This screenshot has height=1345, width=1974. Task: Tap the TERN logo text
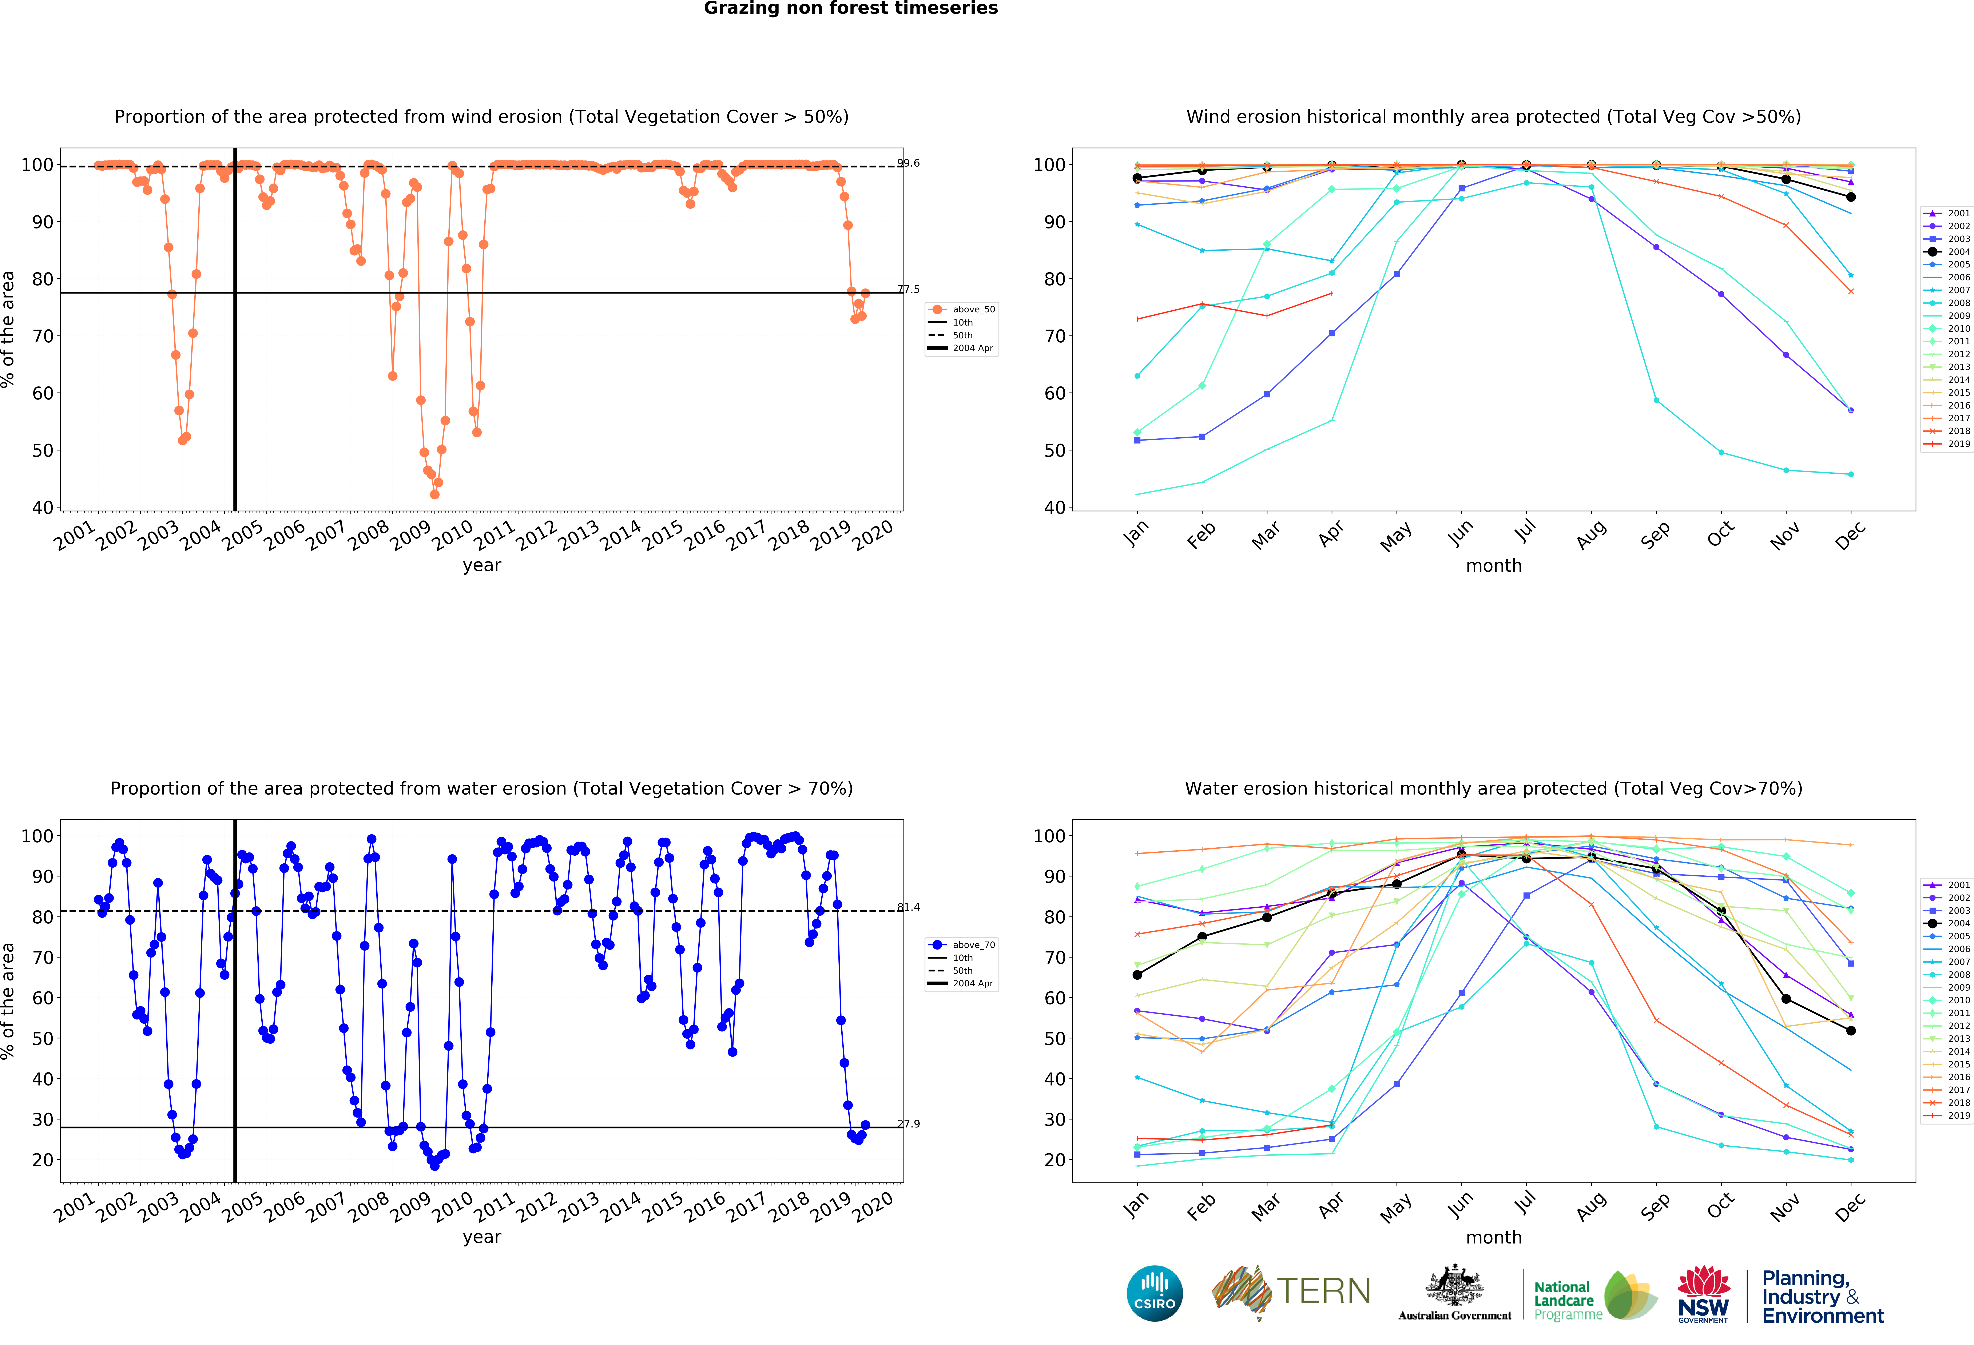coord(1323,1292)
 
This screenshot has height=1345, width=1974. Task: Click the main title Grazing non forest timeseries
coord(850,8)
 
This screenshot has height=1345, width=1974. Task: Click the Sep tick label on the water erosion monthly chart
coord(1655,1206)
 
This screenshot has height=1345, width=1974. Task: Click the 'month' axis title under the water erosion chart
coord(1493,1237)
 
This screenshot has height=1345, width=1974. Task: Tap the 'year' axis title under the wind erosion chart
coord(482,565)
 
